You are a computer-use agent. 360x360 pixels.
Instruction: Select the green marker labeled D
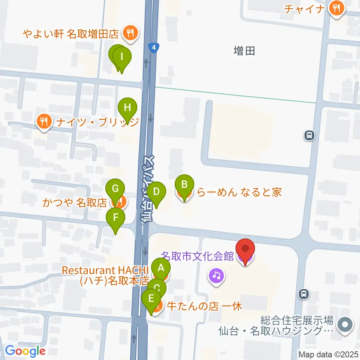pos(156,192)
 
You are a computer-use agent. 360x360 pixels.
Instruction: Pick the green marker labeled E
pos(151,299)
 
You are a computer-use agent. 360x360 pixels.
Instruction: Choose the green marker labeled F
pos(115,218)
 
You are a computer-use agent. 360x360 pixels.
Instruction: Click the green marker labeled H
pos(127,108)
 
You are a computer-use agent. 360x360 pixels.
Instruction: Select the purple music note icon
pos(216,276)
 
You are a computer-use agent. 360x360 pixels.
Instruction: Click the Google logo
pos(25,351)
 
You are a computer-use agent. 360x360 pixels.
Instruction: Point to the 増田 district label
pos(244,51)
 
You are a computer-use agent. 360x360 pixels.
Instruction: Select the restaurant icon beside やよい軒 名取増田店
pos(130,34)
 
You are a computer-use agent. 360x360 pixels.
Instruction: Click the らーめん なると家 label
pos(239,193)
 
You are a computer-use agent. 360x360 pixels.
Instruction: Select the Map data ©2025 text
pos(328,354)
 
